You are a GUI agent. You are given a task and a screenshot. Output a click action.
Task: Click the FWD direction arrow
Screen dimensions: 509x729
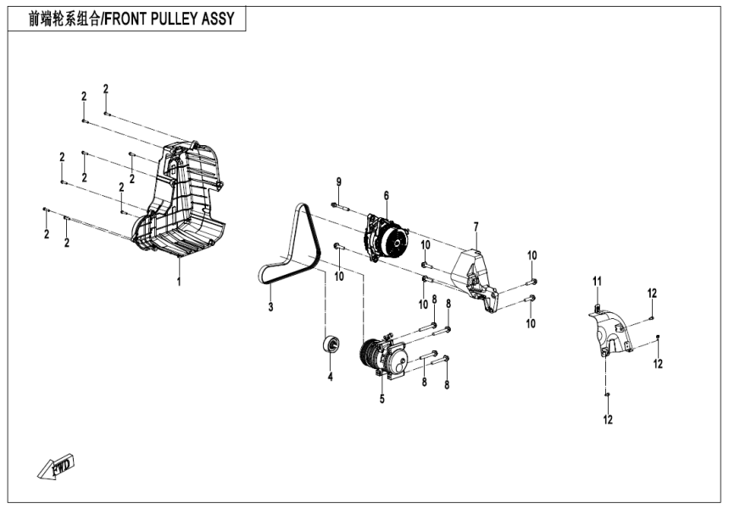click(57, 465)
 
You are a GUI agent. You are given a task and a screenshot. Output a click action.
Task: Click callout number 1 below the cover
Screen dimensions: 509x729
click(179, 281)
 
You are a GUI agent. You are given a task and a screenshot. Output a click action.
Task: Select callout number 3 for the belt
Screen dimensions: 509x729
click(270, 306)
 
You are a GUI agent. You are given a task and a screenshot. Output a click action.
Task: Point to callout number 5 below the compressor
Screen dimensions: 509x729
click(381, 398)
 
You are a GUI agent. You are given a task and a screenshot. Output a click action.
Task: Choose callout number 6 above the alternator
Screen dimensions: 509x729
click(386, 196)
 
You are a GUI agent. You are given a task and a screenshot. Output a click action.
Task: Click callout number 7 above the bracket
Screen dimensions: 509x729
click(476, 227)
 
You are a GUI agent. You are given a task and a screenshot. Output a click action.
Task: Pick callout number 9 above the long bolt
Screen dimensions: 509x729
click(338, 182)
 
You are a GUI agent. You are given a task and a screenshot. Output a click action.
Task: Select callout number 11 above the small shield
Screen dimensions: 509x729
click(596, 281)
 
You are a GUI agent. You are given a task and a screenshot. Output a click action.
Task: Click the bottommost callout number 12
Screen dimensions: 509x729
click(608, 419)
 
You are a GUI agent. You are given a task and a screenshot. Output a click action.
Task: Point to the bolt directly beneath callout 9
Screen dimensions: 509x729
click(338, 206)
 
